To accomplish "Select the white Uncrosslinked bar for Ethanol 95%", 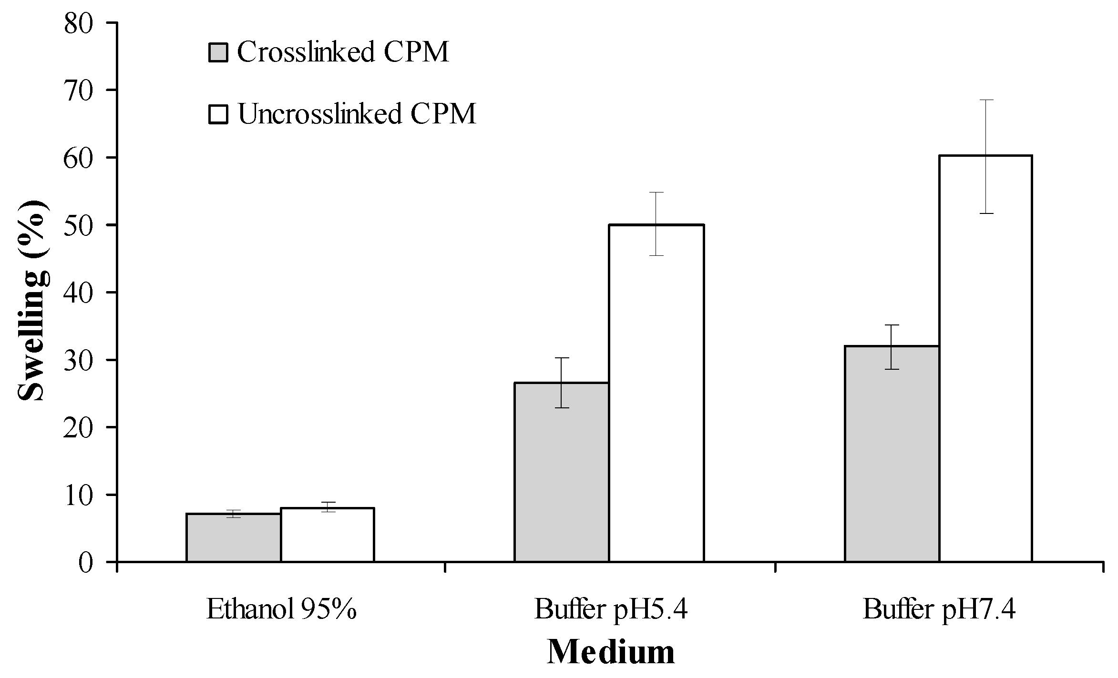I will [x=327, y=535].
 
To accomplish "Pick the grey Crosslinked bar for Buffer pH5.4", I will [x=561, y=472].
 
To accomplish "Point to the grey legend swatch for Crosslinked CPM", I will [x=219, y=52].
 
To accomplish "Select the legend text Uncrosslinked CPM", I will [x=357, y=114].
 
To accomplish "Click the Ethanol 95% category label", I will [x=281, y=609].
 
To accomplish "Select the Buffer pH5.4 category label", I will [x=611, y=609].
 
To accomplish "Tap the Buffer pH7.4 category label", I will [x=939, y=609].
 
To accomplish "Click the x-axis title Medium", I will [x=611, y=652].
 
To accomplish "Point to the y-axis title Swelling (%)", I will [x=33, y=301].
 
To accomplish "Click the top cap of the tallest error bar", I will [x=985, y=100].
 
